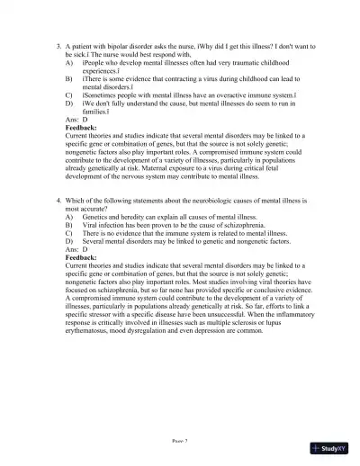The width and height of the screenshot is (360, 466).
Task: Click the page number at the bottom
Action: [180, 441]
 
